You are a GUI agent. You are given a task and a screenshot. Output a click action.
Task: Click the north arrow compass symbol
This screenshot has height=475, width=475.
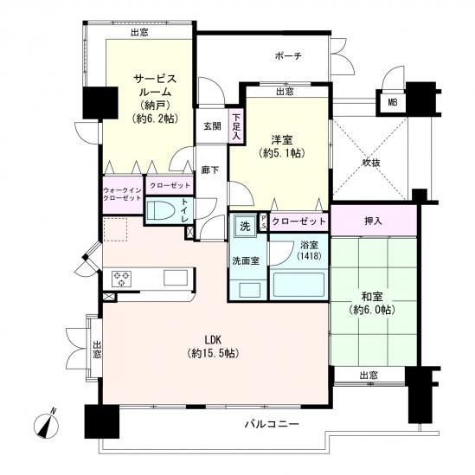[x=47, y=425]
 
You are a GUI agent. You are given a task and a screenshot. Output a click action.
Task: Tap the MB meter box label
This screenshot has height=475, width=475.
[x=393, y=103]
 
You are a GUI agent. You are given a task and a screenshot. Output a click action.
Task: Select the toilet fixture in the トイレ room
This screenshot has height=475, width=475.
[x=161, y=210]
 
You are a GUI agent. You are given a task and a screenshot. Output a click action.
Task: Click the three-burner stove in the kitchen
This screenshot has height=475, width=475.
[x=121, y=279]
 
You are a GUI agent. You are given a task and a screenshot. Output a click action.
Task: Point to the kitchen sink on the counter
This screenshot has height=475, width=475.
[x=176, y=278]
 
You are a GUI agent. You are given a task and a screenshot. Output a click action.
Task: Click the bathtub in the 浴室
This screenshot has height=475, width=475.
[x=298, y=285]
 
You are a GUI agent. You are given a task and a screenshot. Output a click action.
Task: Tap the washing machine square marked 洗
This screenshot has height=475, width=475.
[x=245, y=226]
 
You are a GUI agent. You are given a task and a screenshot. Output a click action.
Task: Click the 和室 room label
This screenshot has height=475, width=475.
[x=372, y=297]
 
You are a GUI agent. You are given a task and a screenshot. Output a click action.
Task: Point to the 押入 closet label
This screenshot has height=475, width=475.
[x=373, y=221]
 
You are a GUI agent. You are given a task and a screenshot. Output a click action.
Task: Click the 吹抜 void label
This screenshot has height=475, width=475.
[x=371, y=163]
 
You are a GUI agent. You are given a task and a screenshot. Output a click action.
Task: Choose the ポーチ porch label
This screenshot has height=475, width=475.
[x=288, y=55]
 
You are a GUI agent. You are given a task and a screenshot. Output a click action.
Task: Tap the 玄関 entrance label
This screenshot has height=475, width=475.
[x=212, y=126]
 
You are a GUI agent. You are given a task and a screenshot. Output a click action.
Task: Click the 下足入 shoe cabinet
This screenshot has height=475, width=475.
[x=236, y=126]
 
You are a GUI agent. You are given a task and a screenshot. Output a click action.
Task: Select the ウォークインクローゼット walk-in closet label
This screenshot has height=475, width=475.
[x=122, y=194]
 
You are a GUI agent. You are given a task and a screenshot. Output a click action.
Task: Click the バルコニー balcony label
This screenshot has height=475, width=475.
[x=272, y=424]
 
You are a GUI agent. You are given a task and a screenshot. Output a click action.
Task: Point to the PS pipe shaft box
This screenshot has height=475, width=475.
[x=263, y=222]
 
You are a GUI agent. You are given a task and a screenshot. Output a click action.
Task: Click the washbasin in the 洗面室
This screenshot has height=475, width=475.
[x=250, y=290]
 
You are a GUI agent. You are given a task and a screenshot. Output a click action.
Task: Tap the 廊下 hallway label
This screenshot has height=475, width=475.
[x=210, y=170]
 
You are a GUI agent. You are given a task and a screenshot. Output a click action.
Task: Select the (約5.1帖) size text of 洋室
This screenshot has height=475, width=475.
[x=282, y=154]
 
